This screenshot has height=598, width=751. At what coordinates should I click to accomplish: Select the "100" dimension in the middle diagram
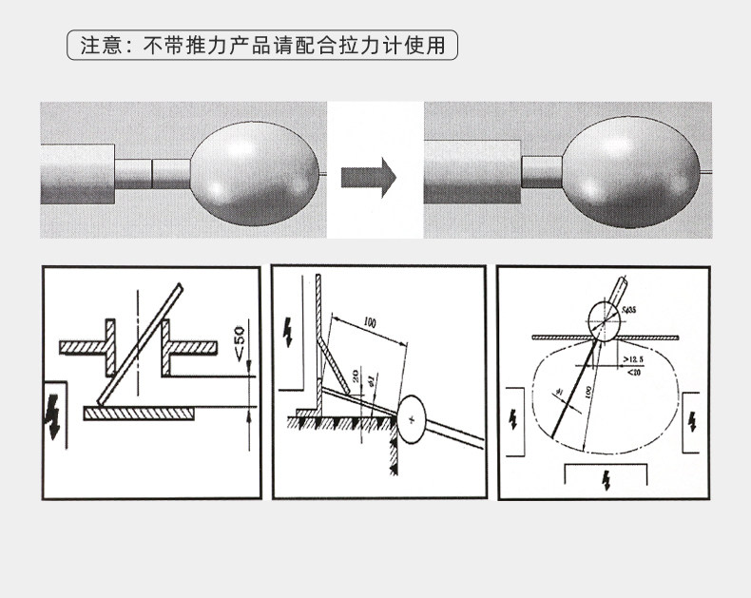[x=369, y=324]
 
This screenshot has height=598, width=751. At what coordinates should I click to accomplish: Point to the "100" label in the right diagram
[x=590, y=393]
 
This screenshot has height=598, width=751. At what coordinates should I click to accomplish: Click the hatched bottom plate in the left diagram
[x=139, y=412]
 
